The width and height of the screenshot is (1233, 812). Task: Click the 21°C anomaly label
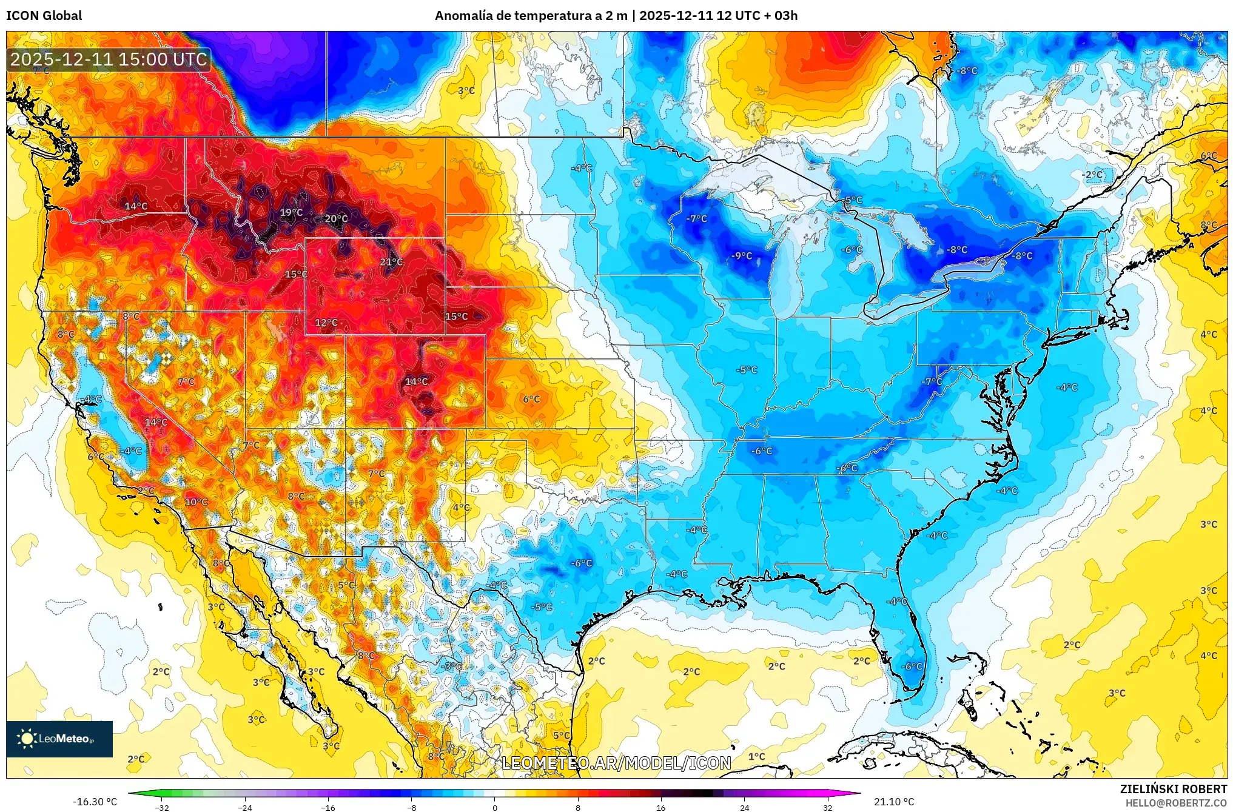click(x=391, y=262)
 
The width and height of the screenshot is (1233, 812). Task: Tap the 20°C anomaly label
click(x=337, y=219)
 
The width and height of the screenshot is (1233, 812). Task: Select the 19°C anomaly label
click(x=291, y=212)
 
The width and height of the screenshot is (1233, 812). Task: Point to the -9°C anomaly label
click(x=741, y=256)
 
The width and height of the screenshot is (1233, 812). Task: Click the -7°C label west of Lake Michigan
click(x=696, y=219)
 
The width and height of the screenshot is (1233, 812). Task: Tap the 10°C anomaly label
click(x=196, y=502)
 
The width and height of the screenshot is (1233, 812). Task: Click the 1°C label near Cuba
click(x=756, y=757)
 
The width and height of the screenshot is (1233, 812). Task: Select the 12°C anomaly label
click(x=326, y=323)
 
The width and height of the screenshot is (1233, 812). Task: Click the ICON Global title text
click(x=44, y=16)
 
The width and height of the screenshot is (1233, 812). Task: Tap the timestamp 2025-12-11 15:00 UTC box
click(x=109, y=59)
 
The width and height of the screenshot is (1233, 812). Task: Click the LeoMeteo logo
click(x=59, y=739)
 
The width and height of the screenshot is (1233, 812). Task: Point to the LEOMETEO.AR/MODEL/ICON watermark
click(x=616, y=763)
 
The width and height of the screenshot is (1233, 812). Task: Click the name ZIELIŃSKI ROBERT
click(x=1173, y=789)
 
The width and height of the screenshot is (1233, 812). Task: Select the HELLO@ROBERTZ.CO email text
click(x=1176, y=803)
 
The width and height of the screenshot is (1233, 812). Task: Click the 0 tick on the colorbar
click(x=495, y=807)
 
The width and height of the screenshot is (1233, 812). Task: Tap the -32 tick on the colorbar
click(x=162, y=807)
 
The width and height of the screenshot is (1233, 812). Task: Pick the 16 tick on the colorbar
click(x=661, y=807)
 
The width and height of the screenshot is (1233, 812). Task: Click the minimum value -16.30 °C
click(x=95, y=802)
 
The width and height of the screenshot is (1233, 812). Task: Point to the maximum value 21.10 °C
click(x=894, y=802)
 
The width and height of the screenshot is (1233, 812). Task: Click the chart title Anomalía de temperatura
click(x=531, y=16)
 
